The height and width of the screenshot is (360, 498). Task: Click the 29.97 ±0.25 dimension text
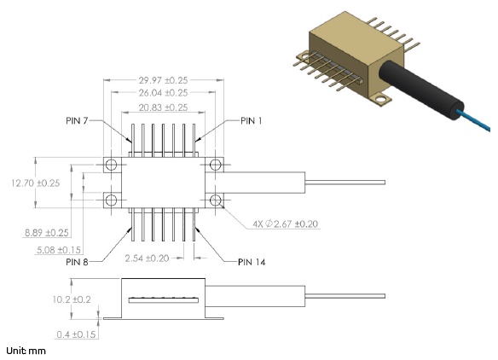[x=163, y=80]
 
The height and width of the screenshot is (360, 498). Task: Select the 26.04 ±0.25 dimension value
[x=163, y=93]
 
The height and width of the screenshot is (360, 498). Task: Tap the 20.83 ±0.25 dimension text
[x=163, y=107]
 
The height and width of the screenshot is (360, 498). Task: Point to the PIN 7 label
[x=77, y=121]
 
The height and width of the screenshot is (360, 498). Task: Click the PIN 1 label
[x=252, y=121]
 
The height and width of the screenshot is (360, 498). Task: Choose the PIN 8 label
[x=77, y=262]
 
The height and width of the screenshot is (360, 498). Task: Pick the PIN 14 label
[x=252, y=262]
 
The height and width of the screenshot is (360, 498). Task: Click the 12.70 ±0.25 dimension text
[x=36, y=183]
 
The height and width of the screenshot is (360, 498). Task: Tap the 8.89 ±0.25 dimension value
[x=47, y=233]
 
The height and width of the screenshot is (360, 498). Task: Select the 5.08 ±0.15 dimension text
[x=59, y=250]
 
